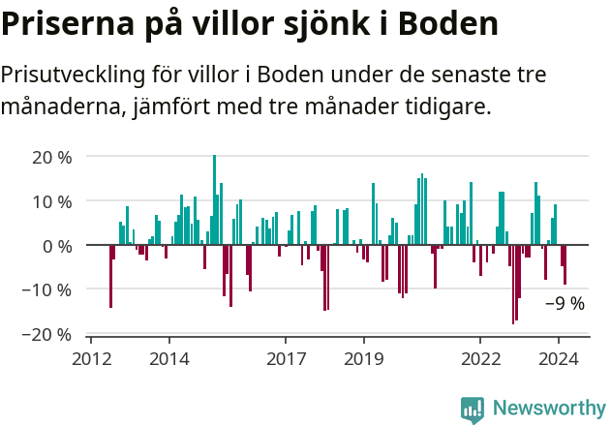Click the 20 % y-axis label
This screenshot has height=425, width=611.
tap(52, 157)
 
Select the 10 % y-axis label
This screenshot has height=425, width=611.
tap(52, 201)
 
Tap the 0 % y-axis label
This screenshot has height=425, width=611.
tap(57, 246)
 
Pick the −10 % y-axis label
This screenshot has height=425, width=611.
tap(47, 289)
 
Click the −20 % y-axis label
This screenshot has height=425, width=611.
tap(47, 334)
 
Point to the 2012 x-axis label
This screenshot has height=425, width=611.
tap(91, 358)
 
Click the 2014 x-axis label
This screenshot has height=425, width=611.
tap(169, 358)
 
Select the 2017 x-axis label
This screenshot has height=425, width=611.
tap(286, 358)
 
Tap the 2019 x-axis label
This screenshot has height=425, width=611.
tap(364, 358)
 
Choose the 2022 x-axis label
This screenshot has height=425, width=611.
tap(480, 358)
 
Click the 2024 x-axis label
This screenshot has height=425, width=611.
tap(559, 358)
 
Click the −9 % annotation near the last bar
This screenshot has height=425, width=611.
tap(565, 303)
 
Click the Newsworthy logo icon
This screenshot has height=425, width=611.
tap(473, 409)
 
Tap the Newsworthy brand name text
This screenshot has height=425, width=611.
tap(548, 409)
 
